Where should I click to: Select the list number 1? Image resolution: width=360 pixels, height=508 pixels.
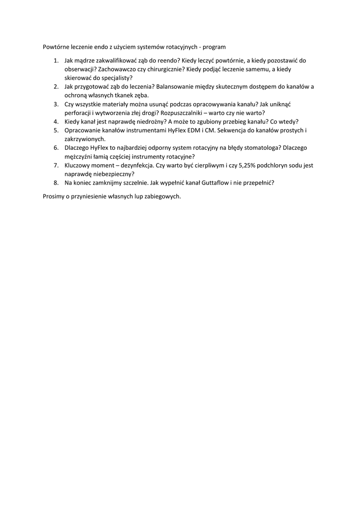pyautogui.click(x=56, y=61)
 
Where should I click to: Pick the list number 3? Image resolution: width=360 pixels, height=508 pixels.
pyautogui.click(x=56, y=104)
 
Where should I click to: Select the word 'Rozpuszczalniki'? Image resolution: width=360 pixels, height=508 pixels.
pyautogui.click(x=182, y=113)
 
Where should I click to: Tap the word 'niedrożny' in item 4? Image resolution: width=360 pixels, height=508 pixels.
pyautogui.click(x=150, y=122)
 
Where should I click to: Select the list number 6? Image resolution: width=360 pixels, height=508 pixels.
pyautogui.click(x=56, y=147)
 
